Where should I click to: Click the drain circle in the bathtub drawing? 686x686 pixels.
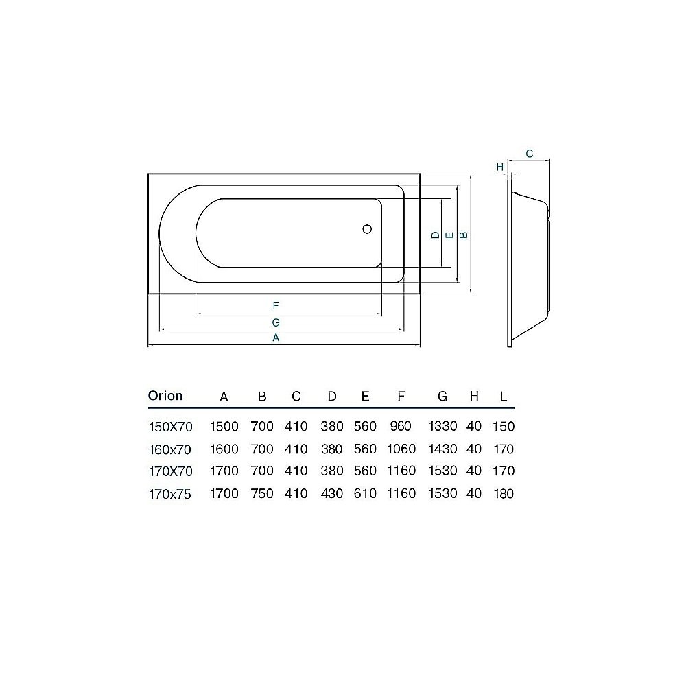(367, 230)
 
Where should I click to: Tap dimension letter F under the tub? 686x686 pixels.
(275, 305)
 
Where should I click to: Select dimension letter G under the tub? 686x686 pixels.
(275, 322)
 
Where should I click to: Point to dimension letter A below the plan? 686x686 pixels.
(276, 338)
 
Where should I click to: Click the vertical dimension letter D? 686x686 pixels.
(435, 235)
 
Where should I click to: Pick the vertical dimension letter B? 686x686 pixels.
(464, 235)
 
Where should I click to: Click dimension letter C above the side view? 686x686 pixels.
(530, 154)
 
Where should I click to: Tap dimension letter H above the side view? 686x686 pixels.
(500, 167)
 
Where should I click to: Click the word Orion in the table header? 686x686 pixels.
(165, 396)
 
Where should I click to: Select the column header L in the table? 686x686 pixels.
(504, 397)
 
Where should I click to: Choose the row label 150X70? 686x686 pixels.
(171, 427)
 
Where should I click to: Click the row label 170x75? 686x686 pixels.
(171, 494)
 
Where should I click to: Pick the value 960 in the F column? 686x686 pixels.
(401, 427)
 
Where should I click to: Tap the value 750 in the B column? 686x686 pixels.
(261, 494)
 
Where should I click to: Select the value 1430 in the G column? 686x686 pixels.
(442, 449)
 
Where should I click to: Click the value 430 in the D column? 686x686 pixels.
(332, 494)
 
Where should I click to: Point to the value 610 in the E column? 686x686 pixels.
(365, 494)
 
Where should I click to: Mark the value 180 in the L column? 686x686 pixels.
(504, 494)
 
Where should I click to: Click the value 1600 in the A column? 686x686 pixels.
(224, 449)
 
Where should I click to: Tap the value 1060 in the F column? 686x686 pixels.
(401, 449)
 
